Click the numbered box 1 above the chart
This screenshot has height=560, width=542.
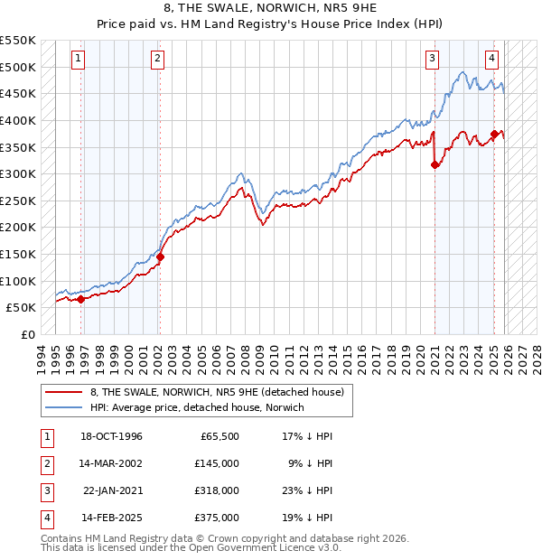[x=79, y=60]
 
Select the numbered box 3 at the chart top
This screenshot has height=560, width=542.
[x=432, y=60]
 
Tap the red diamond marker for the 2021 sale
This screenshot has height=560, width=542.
[x=435, y=164]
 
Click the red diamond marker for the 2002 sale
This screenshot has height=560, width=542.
[x=160, y=257]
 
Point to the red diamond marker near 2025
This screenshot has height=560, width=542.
[x=494, y=134]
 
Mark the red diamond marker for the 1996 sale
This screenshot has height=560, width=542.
[x=81, y=299]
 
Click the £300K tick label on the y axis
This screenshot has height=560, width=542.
[x=19, y=173]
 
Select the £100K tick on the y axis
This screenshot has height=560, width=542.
[x=19, y=281]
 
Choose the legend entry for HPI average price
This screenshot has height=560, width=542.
[x=198, y=407]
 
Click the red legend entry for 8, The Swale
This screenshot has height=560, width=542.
[x=217, y=392]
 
